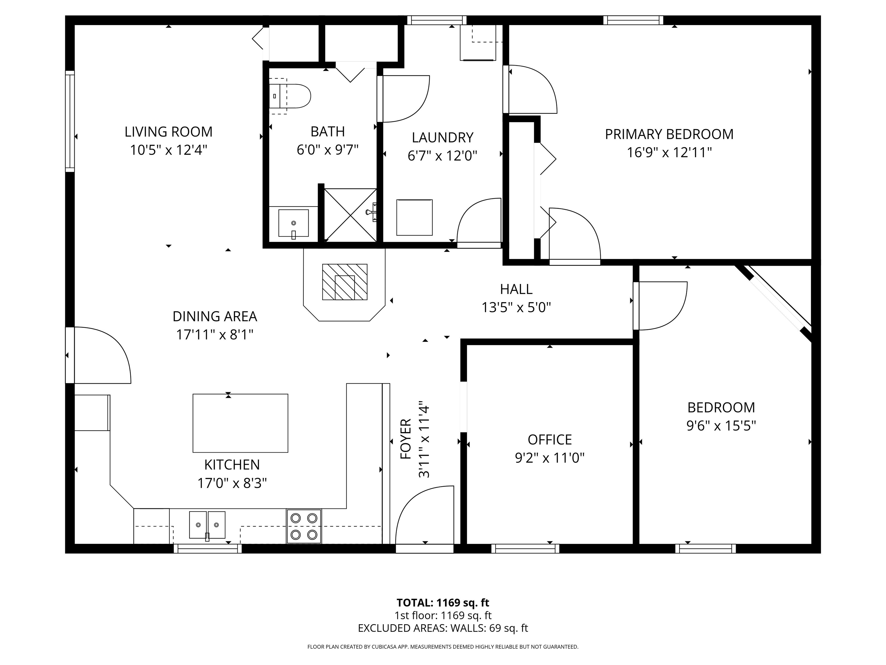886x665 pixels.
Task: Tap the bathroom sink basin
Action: coord(293,223)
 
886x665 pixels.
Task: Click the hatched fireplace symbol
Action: coord(344,282)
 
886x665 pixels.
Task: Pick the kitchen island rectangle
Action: coord(240,423)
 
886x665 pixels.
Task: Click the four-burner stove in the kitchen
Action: coord(304,526)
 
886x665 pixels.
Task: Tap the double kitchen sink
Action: coord(207,525)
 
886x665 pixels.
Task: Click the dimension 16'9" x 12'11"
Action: coord(669,153)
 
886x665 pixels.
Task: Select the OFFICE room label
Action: coord(549,440)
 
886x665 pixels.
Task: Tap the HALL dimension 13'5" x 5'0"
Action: coord(516,307)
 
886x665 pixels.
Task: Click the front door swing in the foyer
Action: coord(425,517)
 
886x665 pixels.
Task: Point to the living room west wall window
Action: coord(70,121)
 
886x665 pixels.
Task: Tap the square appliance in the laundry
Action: coord(414,217)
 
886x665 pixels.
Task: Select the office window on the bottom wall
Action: coord(525,548)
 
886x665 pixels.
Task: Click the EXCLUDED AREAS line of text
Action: coord(443,628)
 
